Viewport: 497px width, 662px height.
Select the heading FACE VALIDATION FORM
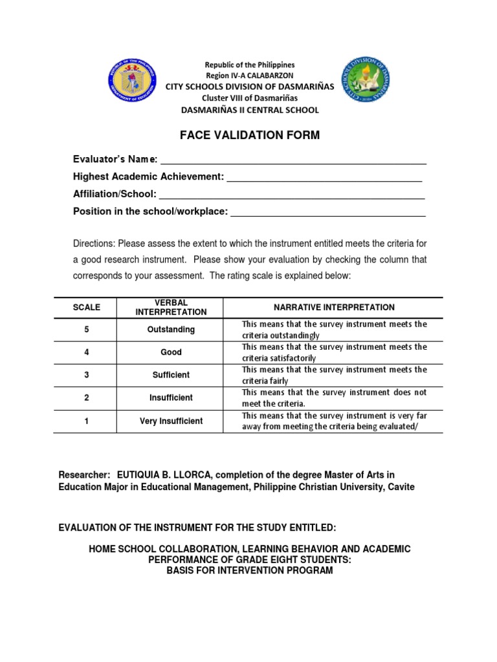(x=249, y=135)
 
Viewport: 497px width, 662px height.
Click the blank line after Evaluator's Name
(x=293, y=160)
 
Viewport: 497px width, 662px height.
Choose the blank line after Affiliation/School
(x=292, y=194)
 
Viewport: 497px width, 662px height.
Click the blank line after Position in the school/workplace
(x=328, y=211)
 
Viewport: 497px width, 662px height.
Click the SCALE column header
(x=86, y=307)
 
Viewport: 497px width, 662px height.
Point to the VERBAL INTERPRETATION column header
(x=171, y=307)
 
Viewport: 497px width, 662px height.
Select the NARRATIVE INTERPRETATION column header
(x=333, y=307)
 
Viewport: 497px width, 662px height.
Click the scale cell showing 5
(x=86, y=330)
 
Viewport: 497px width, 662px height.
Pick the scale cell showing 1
(x=86, y=421)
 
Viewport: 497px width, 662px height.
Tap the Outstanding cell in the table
(x=171, y=330)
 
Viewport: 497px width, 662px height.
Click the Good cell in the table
(x=171, y=352)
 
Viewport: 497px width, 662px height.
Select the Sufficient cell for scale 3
(x=171, y=375)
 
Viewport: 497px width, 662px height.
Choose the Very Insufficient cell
(x=171, y=421)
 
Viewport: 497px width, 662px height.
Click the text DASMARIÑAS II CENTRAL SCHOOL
(x=249, y=110)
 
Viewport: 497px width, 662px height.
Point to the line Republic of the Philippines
(x=249, y=65)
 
